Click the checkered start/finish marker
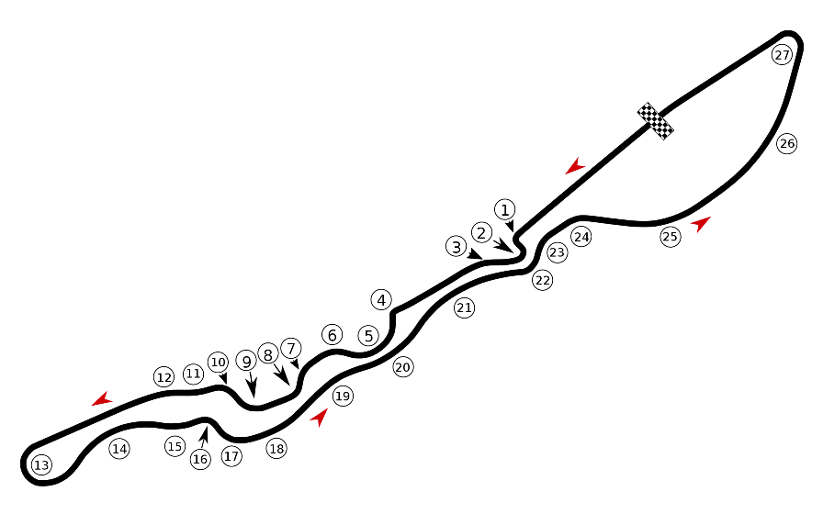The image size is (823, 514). coord(656,121)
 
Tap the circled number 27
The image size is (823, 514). coord(782,54)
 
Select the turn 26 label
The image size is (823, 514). coord(787,143)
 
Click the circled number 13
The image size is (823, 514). coord(41,464)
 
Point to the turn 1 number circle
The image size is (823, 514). coord(505,210)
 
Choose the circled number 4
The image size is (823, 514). coord(381,300)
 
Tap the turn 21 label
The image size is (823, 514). coord(464,307)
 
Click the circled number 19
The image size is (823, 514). coord(343,396)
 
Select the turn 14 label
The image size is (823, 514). coord(119,449)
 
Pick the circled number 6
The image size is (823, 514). coord(332,335)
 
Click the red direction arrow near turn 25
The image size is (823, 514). coord(701,223)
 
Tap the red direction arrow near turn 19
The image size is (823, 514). coord(319,418)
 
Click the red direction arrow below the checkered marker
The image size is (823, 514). coord(575,166)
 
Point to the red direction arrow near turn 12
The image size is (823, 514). coord(102,398)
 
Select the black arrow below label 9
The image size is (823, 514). coord(253,385)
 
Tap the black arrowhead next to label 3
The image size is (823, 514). coord(475,254)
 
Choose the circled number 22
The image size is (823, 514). coord(542,280)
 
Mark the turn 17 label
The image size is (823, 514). coord(231,456)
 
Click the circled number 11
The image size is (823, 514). coord(193,374)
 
